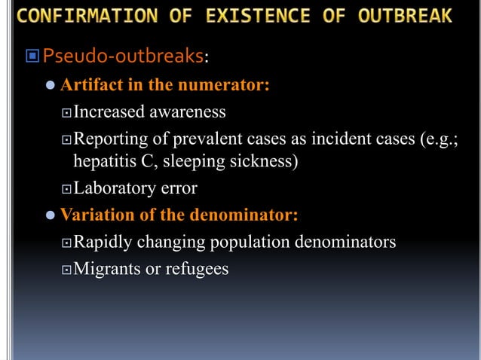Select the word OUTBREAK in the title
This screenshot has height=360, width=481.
tap(406, 15)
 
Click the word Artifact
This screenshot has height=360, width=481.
tap(89, 85)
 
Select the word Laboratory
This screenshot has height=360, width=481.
tap(113, 188)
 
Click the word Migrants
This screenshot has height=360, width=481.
tap(107, 268)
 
